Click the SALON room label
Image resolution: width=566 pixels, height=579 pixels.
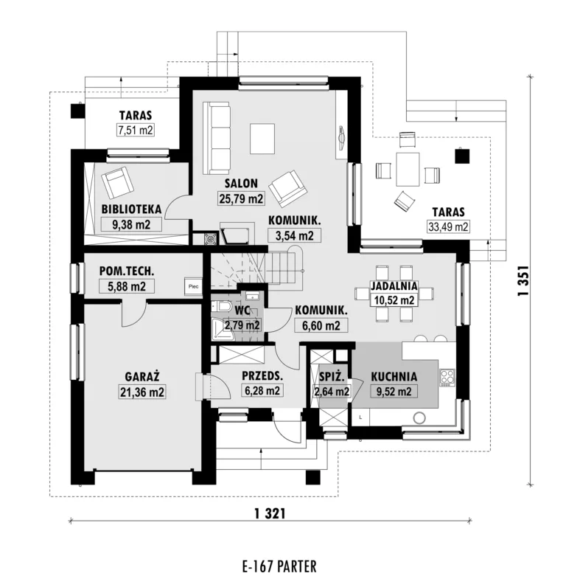point(241,183)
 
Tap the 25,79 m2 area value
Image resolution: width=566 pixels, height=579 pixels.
point(241,198)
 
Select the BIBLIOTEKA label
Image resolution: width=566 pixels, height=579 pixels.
point(131,209)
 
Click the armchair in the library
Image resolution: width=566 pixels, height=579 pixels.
point(117,182)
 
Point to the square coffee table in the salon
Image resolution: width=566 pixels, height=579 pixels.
point(262,139)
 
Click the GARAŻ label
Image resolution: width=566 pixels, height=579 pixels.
point(142,377)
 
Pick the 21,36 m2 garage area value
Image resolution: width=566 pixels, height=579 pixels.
point(142,392)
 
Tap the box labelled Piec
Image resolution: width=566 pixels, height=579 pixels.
point(193,286)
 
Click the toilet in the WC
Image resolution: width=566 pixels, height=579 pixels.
point(221,307)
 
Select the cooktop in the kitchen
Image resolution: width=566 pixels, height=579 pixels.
point(447,378)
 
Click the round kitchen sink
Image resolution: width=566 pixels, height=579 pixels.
point(419,418)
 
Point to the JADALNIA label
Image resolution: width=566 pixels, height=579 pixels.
point(394,285)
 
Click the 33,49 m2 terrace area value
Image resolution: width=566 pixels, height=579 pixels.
point(448,226)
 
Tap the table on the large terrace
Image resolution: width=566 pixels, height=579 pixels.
point(408,169)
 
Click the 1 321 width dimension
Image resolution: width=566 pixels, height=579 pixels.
point(270,513)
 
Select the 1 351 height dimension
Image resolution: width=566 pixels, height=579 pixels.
point(523,280)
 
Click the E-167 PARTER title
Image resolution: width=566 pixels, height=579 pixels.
point(279,566)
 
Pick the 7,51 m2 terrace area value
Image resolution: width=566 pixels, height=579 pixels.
point(136,131)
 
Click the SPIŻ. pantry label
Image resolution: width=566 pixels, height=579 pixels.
point(332,377)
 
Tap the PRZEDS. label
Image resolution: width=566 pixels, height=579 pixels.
point(262,376)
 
